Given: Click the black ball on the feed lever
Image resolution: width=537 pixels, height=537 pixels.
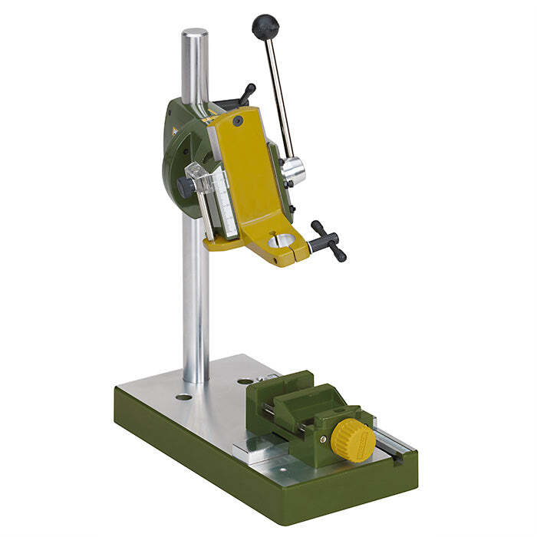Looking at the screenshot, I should click(265, 27).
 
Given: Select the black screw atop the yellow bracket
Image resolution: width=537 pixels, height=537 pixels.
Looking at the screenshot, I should click(238, 120).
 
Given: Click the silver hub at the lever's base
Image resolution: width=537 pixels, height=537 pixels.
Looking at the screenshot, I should click(294, 170).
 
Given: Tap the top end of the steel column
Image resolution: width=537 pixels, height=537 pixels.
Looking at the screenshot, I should click(194, 35).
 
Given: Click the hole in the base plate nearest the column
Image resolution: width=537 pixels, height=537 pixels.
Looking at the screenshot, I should click(183, 397).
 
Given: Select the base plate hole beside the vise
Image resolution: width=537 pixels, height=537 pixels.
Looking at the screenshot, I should click(244, 381).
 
